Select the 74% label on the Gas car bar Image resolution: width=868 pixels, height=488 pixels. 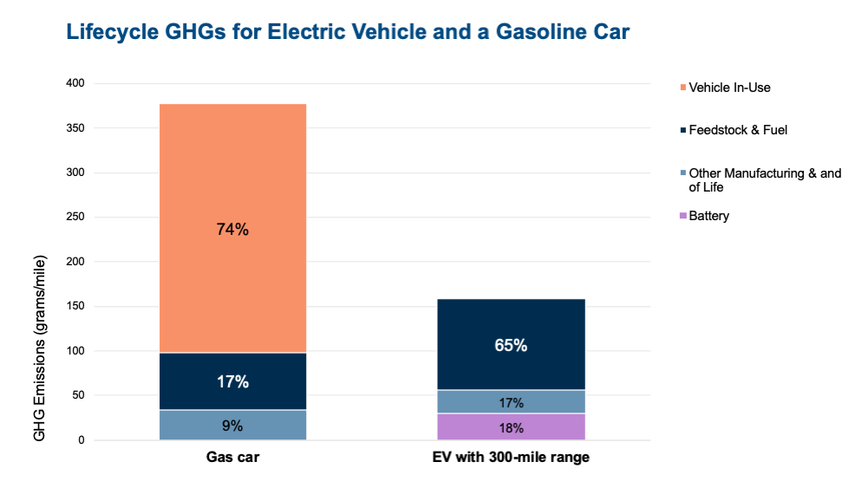[232, 230]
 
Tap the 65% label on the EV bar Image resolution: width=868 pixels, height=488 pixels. [511, 345]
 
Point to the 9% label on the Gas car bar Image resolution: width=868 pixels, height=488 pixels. [232, 426]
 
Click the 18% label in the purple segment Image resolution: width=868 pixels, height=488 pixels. [511, 427]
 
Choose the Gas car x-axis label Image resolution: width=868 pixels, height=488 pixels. [232, 458]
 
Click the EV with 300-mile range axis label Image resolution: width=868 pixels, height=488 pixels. [511, 458]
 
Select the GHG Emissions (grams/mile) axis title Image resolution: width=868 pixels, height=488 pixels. [39, 347]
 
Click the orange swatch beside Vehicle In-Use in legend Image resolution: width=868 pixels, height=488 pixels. [683, 88]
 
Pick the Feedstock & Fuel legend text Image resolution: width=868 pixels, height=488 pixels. [738, 130]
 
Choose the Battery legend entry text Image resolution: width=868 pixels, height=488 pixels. [708, 216]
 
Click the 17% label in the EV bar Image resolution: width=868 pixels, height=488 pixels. [511, 402]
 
